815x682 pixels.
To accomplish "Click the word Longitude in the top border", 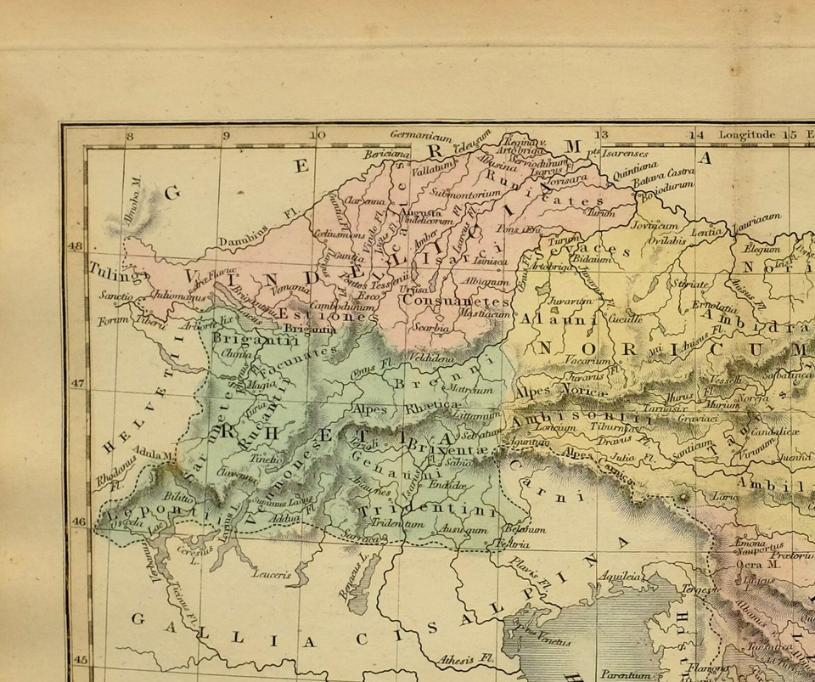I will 747,134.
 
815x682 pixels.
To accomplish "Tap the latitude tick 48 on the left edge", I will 75,245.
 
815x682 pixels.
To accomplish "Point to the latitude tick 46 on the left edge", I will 78,522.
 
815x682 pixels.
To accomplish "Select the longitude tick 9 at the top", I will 226,134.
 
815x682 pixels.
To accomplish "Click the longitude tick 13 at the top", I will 601,134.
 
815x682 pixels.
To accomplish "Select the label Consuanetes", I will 457,300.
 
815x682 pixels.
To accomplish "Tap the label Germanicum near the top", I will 421,134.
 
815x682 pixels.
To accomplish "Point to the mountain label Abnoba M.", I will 132,197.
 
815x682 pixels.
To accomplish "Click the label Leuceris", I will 272,574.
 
